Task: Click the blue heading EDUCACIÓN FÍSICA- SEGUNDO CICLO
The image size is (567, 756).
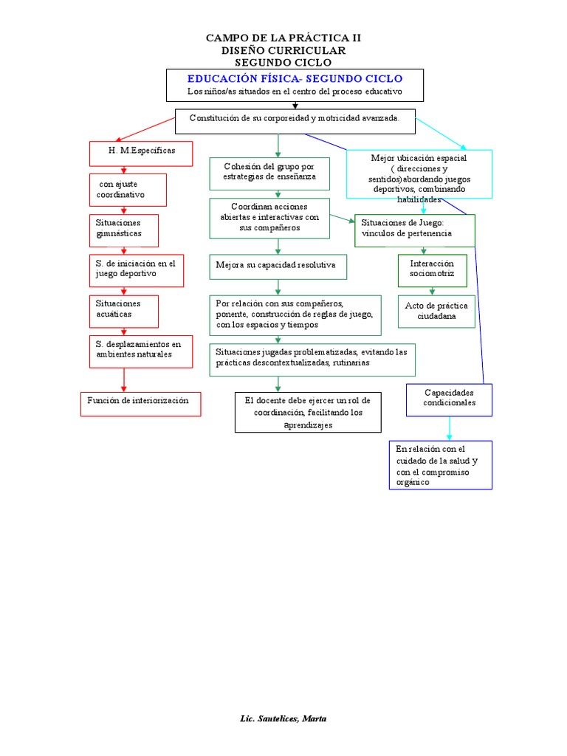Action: (x=295, y=78)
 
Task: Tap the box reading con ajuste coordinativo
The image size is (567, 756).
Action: (x=128, y=190)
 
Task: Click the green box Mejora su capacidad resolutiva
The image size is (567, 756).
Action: (x=278, y=265)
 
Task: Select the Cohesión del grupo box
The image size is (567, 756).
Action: (x=269, y=173)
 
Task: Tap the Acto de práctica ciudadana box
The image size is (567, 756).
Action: (x=436, y=312)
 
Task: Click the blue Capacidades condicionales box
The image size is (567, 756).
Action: (x=449, y=399)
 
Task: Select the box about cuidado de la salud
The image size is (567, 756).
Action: (x=440, y=465)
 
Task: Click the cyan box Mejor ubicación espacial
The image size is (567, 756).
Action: (x=419, y=175)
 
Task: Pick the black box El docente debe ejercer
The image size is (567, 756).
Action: (x=309, y=412)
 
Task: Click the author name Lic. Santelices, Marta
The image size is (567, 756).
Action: (x=283, y=719)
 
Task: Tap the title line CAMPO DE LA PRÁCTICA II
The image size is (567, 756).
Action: (x=283, y=37)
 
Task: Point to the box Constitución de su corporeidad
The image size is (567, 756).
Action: (x=295, y=120)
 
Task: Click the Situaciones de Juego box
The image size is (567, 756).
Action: (x=414, y=230)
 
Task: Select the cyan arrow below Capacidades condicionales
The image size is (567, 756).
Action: (x=449, y=428)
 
